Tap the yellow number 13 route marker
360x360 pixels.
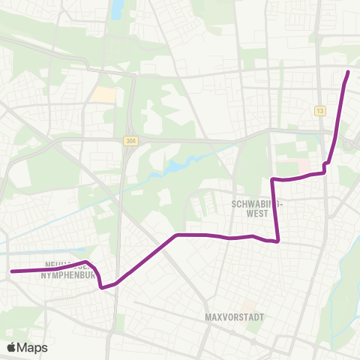(x=320, y=110)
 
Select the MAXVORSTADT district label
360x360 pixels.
(x=234, y=317)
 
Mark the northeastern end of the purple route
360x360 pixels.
(x=348, y=72)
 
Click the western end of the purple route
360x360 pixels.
(x=11, y=271)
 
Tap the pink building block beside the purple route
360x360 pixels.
(x=304, y=164)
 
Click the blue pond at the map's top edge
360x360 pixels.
(x=118, y=8)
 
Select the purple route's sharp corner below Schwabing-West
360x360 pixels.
(x=278, y=241)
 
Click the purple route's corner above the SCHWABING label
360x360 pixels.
(x=273, y=180)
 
